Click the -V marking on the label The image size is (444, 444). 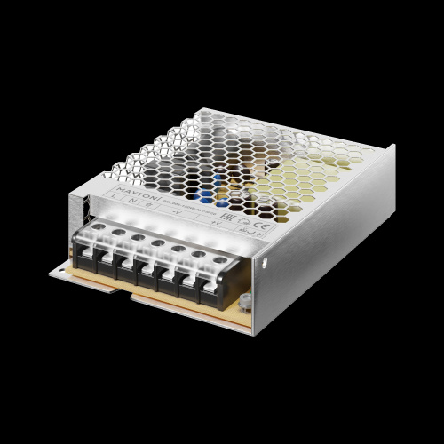[177, 213]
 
